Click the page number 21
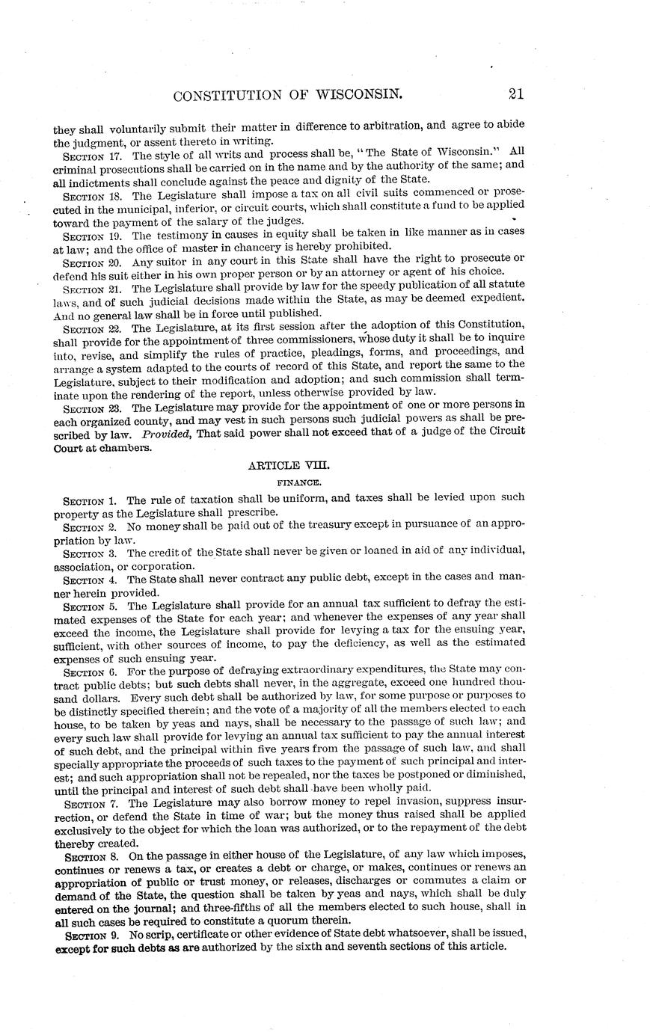[515, 94]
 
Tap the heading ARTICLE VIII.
[288, 465]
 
